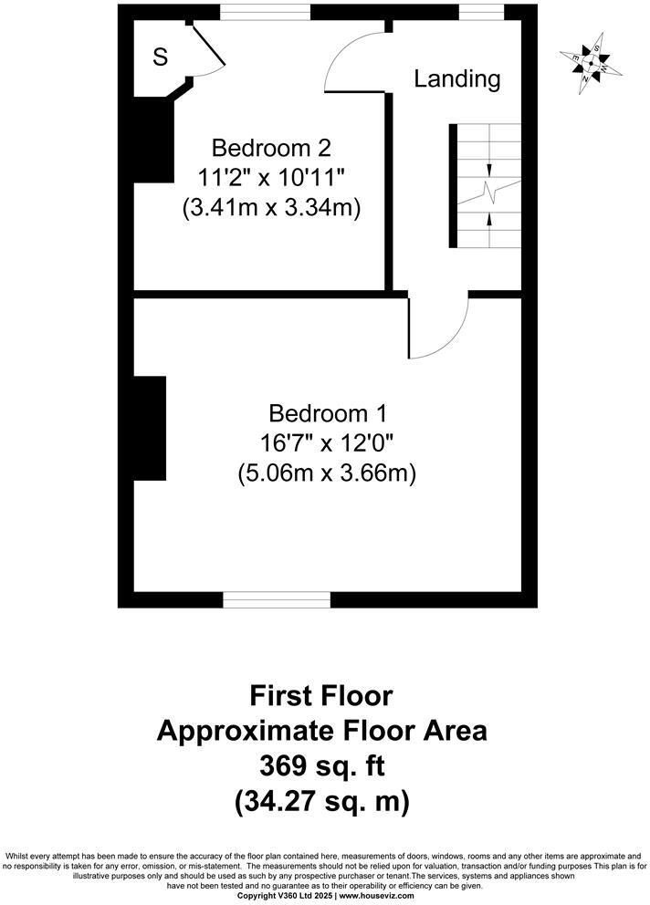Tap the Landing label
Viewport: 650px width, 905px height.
coord(457,79)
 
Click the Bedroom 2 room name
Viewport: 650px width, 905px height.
coord(270,148)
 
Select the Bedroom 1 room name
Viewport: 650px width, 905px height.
coord(326,413)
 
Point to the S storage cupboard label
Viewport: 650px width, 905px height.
coord(160,57)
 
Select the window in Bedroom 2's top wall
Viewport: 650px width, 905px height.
coord(265,13)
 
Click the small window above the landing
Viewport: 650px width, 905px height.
coord(480,13)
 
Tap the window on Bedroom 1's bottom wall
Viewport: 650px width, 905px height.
coord(277,599)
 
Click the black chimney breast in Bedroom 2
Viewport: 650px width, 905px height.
coord(152,137)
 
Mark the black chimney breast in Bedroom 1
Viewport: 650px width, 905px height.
coord(150,428)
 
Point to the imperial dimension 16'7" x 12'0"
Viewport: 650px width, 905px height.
coord(326,443)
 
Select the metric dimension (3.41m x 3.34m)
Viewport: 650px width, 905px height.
coord(270,208)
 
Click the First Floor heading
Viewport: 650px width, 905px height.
coord(321,696)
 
